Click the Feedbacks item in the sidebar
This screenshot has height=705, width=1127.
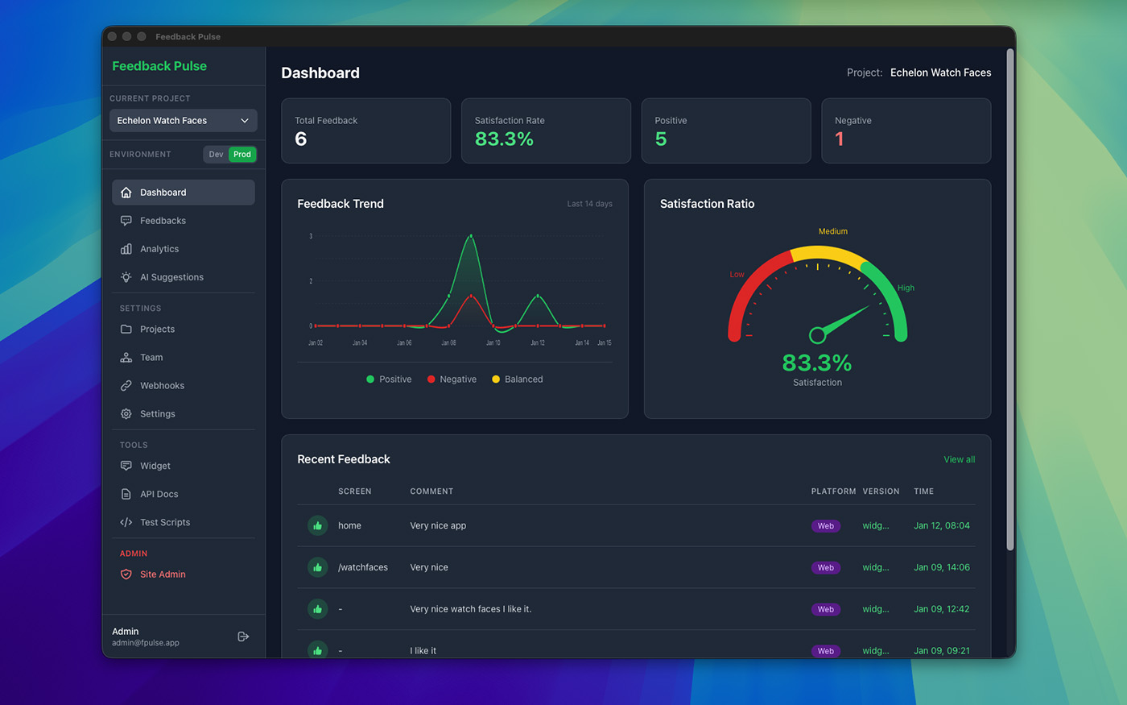[163, 221]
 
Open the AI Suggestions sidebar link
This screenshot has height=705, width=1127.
[171, 277]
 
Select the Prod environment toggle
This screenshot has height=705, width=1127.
[242, 154]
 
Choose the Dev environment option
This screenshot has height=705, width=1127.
[216, 154]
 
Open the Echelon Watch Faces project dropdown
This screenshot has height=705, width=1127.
[183, 121]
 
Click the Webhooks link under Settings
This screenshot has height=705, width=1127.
[162, 386]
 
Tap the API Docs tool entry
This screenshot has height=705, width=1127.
[159, 494]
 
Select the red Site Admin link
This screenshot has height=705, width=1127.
[163, 574]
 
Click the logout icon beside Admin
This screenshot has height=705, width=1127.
[243, 637]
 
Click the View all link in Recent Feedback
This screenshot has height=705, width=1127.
[959, 459]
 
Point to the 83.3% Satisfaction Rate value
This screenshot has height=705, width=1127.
[504, 139]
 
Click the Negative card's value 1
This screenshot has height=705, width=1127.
[840, 139]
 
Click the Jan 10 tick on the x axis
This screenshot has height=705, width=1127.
[493, 342]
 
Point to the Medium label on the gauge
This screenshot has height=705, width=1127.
[832, 231]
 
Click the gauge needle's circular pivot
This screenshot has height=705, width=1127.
[817, 334]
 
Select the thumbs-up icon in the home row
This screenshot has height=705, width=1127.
[317, 526]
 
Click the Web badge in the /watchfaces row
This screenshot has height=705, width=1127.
[825, 568]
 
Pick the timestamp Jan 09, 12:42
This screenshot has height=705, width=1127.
[941, 609]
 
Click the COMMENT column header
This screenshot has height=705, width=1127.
[431, 491]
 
